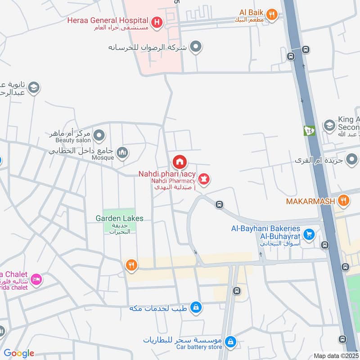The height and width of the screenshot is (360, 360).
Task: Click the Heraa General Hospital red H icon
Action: (157, 21)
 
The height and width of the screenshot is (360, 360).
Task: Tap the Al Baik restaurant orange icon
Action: (271, 14)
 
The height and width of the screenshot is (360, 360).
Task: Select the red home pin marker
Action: (179, 162)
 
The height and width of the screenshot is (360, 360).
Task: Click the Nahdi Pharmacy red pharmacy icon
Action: (205, 180)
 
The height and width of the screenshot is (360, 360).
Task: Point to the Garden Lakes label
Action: (119, 218)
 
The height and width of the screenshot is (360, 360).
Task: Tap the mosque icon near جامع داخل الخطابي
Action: (122, 153)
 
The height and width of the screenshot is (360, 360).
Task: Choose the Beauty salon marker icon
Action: (99, 135)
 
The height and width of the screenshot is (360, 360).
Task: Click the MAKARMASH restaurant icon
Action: (343, 201)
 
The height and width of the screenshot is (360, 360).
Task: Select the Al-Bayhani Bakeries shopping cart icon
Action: (308, 234)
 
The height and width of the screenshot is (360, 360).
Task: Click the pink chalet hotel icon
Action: (36, 279)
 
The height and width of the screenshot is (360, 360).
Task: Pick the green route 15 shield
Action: (309, 131)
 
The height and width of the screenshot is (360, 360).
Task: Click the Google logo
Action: (18, 353)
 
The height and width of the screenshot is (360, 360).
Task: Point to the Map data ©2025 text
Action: (335, 355)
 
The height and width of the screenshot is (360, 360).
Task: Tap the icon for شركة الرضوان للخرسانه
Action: (196, 46)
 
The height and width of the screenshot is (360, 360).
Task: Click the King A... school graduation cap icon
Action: (329, 125)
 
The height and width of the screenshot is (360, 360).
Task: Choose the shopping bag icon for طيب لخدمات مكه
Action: (195, 307)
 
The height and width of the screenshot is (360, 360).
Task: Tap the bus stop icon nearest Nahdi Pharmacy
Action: (220, 204)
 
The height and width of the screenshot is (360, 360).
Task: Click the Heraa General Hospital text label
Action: (108, 20)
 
